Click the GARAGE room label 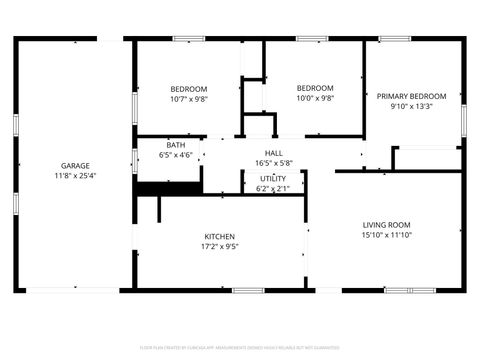pyautogui.click(x=75, y=165)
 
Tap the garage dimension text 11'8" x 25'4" pyautogui.click(x=75, y=175)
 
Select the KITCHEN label pyautogui.click(x=220, y=237)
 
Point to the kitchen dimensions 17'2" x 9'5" pyautogui.click(x=220, y=247)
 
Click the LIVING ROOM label pyautogui.click(x=386, y=225)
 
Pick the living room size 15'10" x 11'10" pyautogui.click(x=386, y=236)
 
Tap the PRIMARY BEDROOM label pyautogui.click(x=411, y=96)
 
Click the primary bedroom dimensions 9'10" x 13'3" pyautogui.click(x=411, y=107)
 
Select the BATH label pyautogui.click(x=176, y=145)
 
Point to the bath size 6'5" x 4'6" pyautogui.click(x=176, y=155)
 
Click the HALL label pyautogui.click(x=273, y=153)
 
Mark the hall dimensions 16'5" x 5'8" pyautogui.click(x=273, y=163)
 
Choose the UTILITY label pyautogui.click(x=273, y=178)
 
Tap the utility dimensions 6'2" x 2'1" pyautogui.click(x=273, y=188)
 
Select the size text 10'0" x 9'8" pyautogui.click(x=315, y=99)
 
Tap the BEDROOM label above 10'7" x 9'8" pyautogui.click(x=188, y=89)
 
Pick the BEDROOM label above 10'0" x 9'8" pyautogui.click(x=315, y=88)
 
